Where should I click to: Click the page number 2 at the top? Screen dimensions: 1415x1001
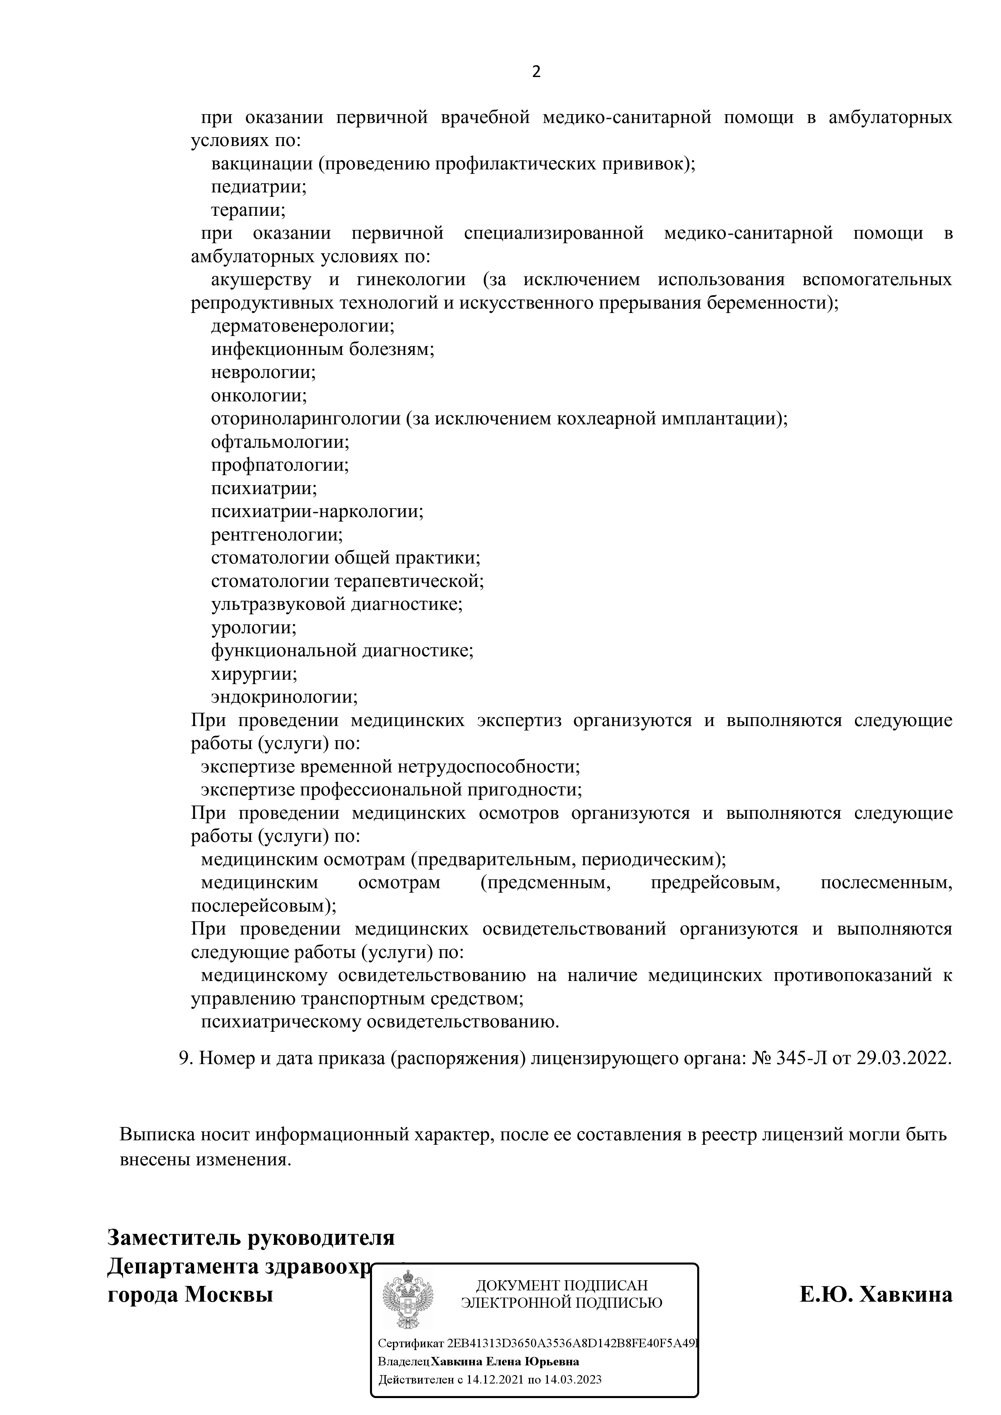point(536,72)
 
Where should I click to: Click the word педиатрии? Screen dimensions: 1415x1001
point(258,187)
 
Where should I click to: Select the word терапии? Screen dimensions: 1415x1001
point(248,210)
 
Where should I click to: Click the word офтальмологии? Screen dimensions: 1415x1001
point(279,442)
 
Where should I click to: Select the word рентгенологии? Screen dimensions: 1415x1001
point(276,534)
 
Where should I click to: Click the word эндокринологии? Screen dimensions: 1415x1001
point(284,697)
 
